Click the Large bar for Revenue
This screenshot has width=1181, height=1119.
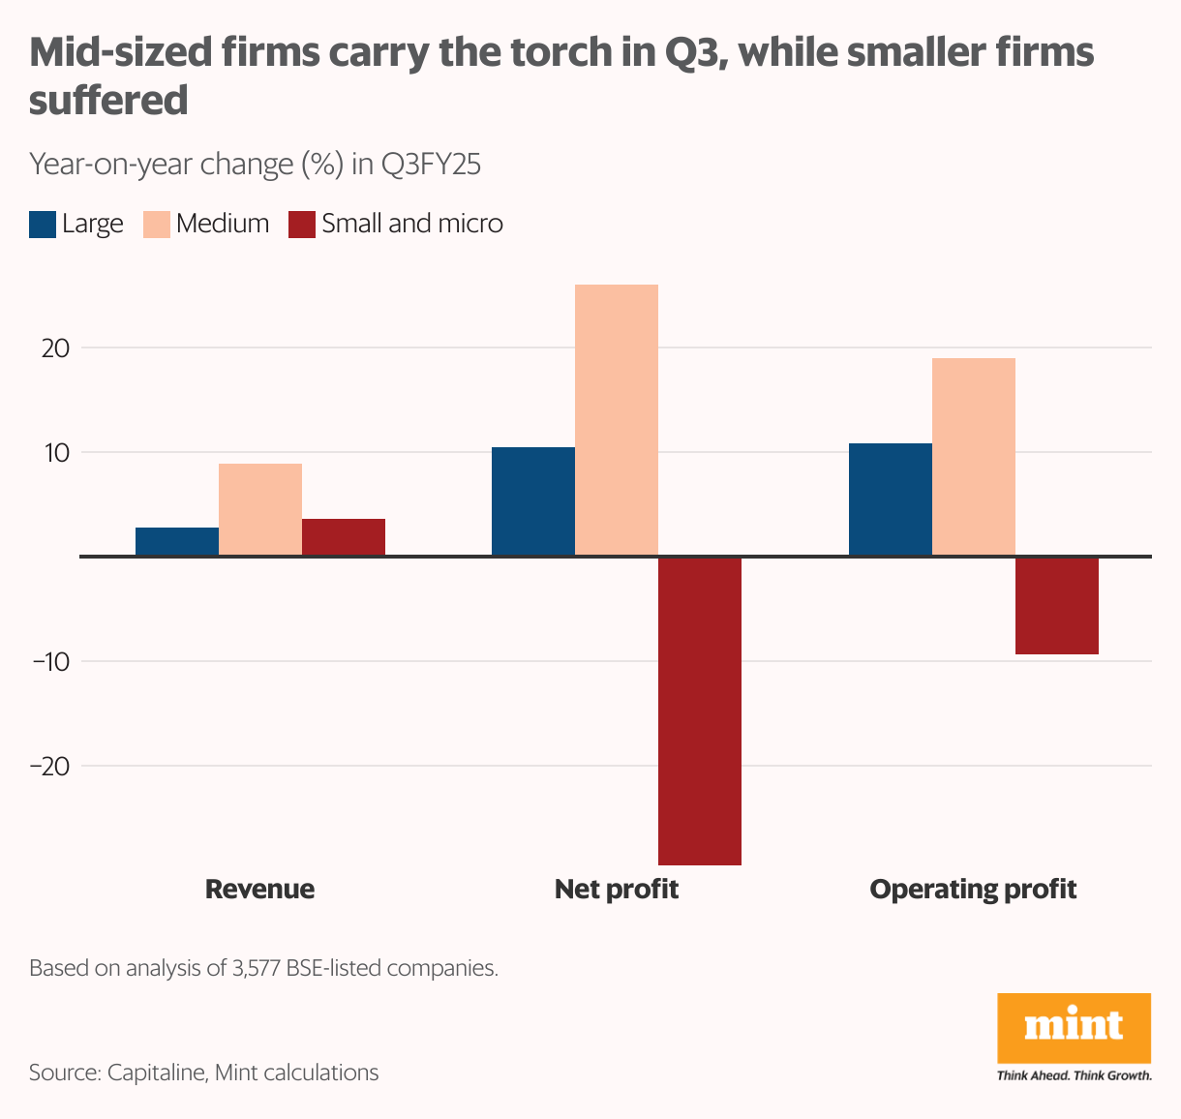tap(177, 541)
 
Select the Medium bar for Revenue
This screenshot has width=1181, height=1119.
tap(260, 509)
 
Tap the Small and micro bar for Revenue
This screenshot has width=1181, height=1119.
tap(344, 537)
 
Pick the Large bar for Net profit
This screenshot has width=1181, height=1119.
tap(533, 501)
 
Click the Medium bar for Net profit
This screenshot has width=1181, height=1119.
tap(617, 420)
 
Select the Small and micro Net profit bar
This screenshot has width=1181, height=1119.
tap(700, 711)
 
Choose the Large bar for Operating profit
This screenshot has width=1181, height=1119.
tap(891, 499)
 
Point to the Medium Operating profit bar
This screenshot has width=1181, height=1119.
tap(974, 457)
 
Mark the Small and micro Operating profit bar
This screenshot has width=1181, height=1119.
tap(1057, 606)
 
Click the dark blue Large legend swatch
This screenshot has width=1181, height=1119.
tap(43, 225)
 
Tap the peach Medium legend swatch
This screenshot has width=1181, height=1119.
tap(157, 225)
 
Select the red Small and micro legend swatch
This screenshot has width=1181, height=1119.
tap(302, 225)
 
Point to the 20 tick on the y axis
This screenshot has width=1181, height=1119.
tap(55, 348)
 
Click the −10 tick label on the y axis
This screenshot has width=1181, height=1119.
tap(49, 661)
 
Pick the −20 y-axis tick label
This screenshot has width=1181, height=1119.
tap(49, 766)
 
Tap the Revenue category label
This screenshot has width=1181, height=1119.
tap(259, 889)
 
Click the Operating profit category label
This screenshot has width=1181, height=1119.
tap(973, 889)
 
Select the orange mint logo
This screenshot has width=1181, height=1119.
tap(1075, 1028)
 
